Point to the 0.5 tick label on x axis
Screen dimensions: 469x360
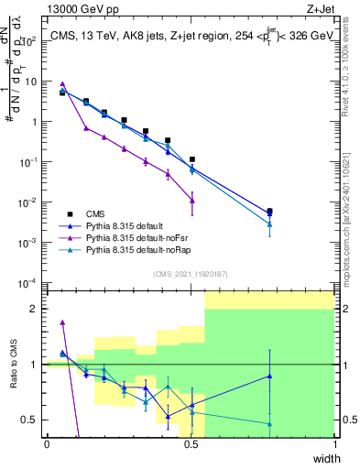click(191, 444)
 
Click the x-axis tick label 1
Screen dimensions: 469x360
click(334, 444)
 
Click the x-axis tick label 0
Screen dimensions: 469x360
click(47, 444)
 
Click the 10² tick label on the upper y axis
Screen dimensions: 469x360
click(27, 40)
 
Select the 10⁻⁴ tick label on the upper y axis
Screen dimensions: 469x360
click(27, 282)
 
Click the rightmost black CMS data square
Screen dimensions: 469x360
click(269, 211)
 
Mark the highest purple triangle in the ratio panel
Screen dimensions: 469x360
click(62, 322)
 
